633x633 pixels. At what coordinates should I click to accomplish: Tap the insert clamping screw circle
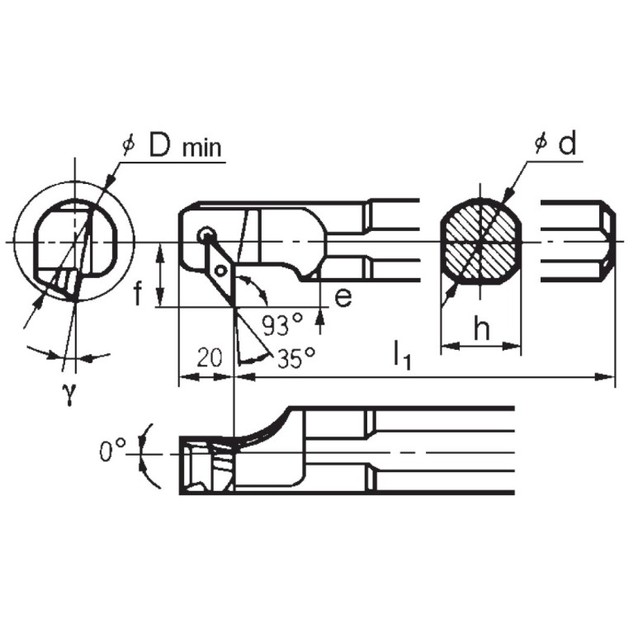pos(205,236)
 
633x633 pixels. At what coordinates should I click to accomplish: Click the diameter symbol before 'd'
pos(541,144)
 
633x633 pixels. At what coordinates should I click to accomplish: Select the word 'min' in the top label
pos(201,149)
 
